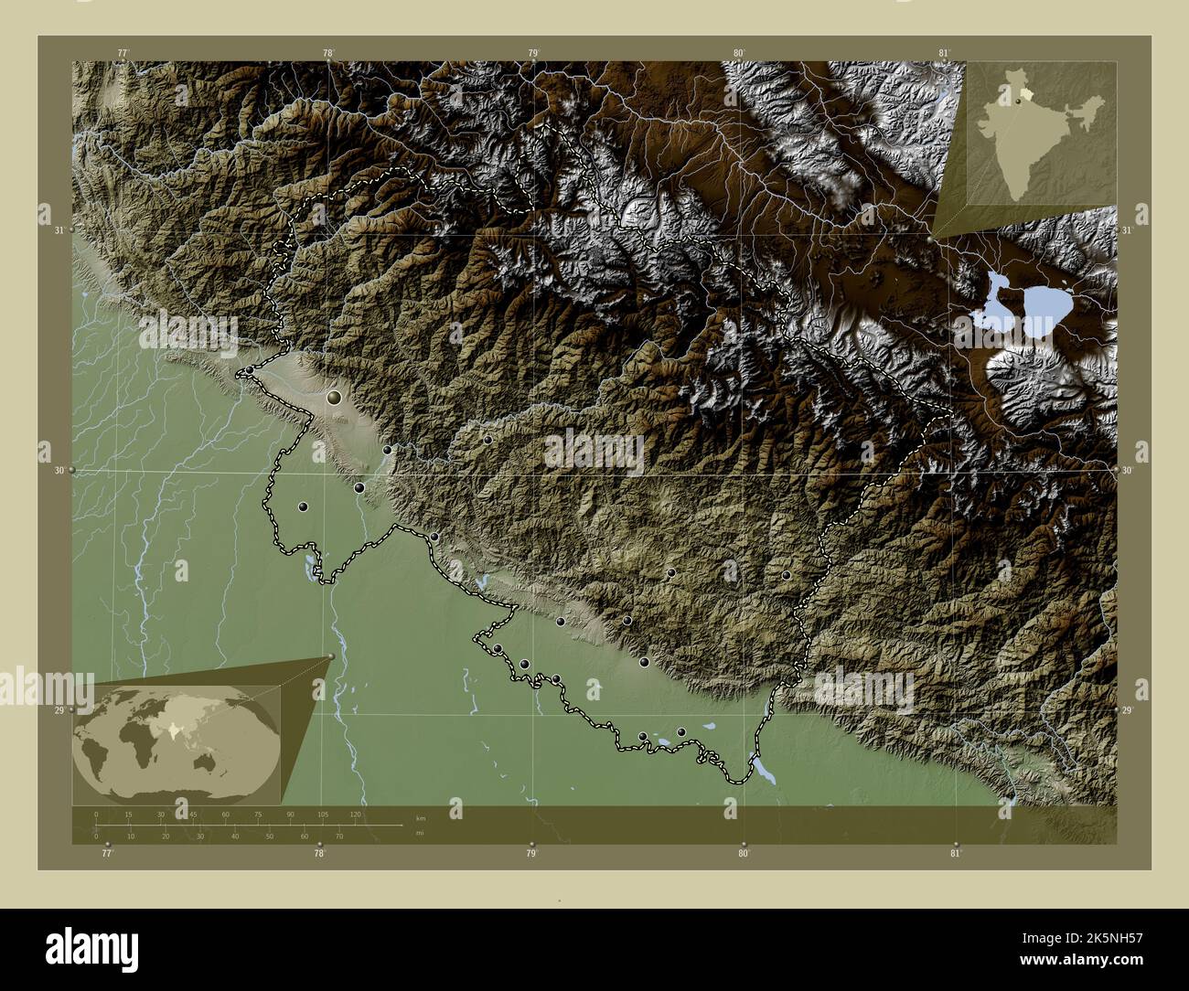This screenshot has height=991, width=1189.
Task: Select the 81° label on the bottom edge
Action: pyautogui.click(x=956, y=854)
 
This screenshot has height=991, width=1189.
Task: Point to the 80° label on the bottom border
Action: pyautogui.click(x=744, y=854)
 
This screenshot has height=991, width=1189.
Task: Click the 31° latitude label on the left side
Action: pyautogui.click(x=58, y=230)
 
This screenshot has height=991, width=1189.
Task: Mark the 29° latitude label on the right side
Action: pyautogui.click(x=1128, y=710)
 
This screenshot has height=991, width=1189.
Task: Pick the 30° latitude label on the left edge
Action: pyautogui.click(x=58, y=471)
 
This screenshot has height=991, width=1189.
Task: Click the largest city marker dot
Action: pyautogui.click(x=335, y=398)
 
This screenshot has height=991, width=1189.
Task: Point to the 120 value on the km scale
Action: pyautogui.click(x=355, y=814)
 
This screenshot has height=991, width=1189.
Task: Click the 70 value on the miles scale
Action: pyautogui.click(x=337, y=836)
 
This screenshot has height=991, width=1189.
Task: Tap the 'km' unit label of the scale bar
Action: pyautogui.click(x=421, y=818)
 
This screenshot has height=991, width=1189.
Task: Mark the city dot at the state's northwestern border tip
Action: pyautogui.click(x=249, y=370)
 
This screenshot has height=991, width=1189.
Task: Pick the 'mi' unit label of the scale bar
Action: pyautogui.click(x=420, y=833)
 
